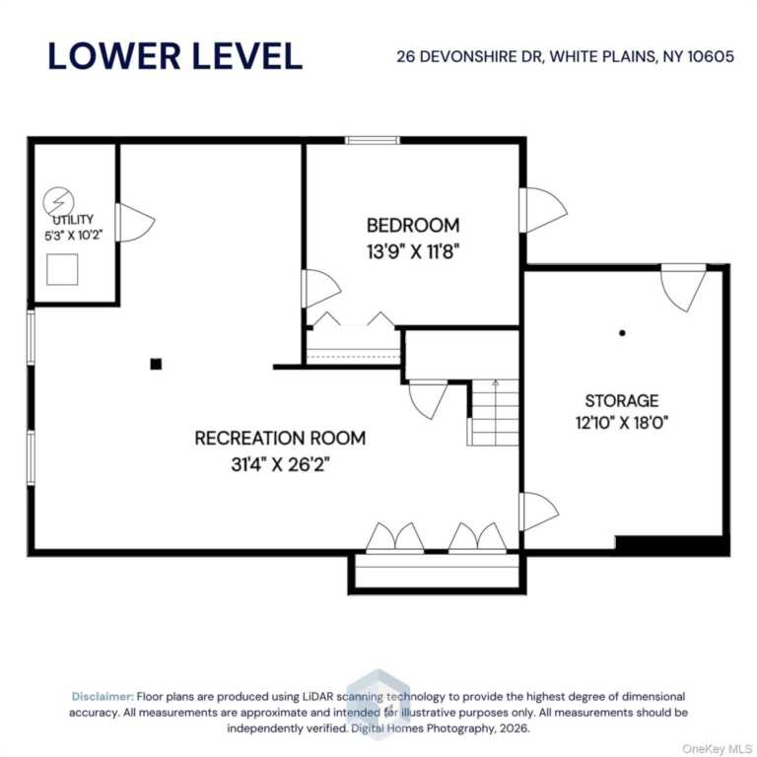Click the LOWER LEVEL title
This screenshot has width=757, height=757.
click(x=175, y=56)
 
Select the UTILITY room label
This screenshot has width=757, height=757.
click(x=73, y=220)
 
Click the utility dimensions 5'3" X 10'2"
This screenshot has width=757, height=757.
click(x=73, y=236)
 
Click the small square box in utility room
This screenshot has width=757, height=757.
click(x=62, y=269)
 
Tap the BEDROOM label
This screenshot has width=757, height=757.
click(x=413, y=226)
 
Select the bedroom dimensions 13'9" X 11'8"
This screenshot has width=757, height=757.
click(x=413, y=251)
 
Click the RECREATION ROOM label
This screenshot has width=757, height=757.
click(x=280, y=438)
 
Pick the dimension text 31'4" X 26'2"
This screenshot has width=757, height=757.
click(x=280, y=464)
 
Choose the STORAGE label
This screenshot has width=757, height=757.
click(x=622, y=401)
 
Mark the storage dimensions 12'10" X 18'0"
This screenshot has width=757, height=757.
click(x=622, y=423)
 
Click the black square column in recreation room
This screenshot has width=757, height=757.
click(x=156, y=364)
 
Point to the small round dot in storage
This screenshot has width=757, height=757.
click(x=622, y=332)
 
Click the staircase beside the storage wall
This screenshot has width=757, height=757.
click(x=494, y=412)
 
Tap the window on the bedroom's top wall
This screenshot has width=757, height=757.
click(x=373, y=141)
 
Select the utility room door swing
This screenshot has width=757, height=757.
click(x=136, y=223)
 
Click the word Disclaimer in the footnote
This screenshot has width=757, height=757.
click(x=103, y=696)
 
